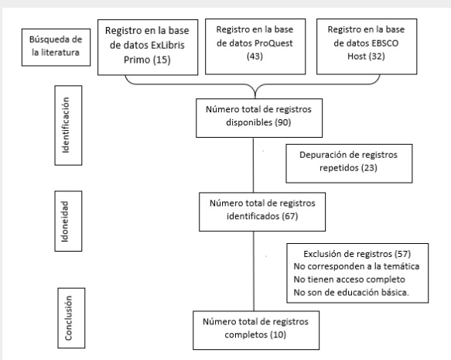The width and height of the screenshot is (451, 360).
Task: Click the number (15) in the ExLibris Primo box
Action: coord(162,60)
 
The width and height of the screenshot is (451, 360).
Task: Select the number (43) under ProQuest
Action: coord(255,56)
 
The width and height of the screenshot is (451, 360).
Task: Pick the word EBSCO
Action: coord(384,43)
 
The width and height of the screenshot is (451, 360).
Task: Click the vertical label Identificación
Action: coord(66,125)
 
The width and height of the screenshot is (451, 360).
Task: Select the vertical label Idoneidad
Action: coord(65,221)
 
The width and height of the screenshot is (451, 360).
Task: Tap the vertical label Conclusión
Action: coord(68,318)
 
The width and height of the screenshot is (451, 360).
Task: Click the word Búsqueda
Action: coord(48,39)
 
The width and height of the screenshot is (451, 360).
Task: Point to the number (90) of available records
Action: coord(282,122)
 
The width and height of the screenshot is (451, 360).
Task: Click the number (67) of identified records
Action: coord(289,216)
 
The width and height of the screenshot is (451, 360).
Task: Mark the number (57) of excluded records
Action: coord(403,254)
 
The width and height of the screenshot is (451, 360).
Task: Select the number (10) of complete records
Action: coord(278,334)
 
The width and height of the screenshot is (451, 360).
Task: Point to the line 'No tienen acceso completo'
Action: coord(349,279)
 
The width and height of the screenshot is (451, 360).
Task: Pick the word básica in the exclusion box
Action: coord(395,293)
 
